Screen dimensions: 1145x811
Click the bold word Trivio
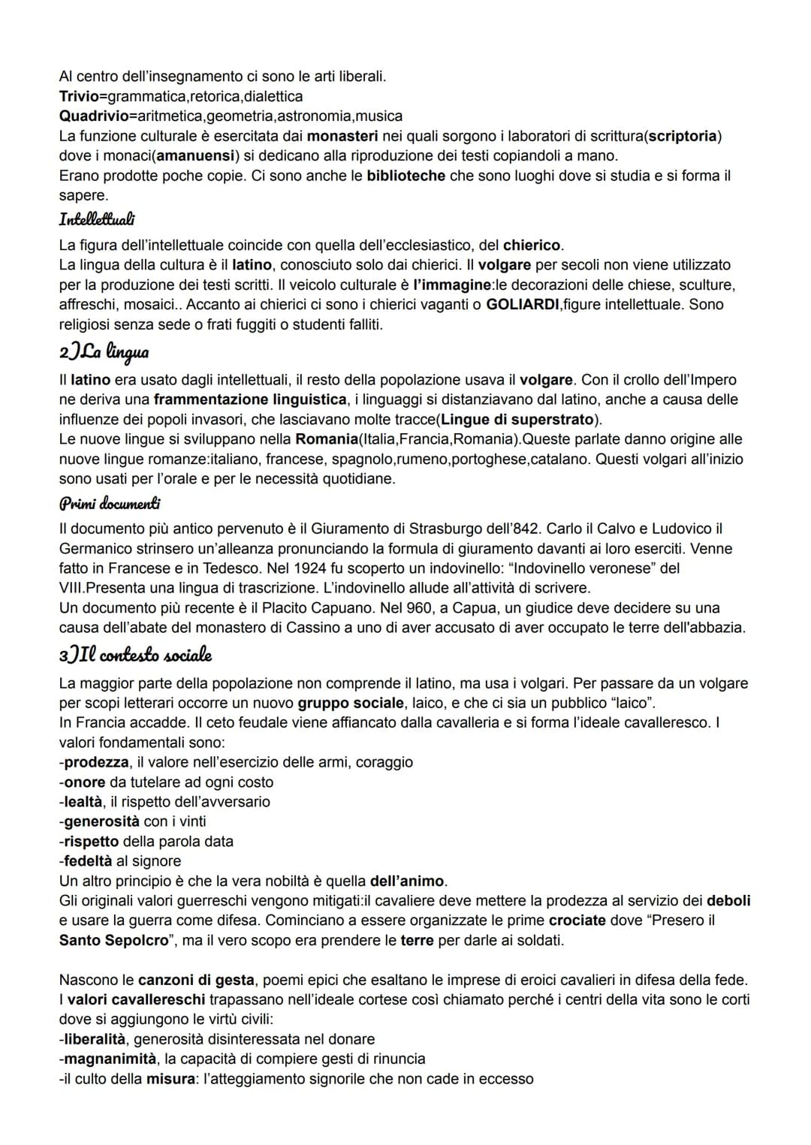click(x=78, y=97)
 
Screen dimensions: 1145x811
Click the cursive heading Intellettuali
click(x=97, y=220)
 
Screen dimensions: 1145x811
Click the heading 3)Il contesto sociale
click(x=135, y=655)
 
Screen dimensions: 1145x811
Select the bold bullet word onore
click(x=85, y=782)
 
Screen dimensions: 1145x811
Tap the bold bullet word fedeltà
click(x=88, y=861)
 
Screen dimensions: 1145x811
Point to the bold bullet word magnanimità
click(x=110, y=1059)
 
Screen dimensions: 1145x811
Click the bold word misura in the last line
click(x=170, y=1079)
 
